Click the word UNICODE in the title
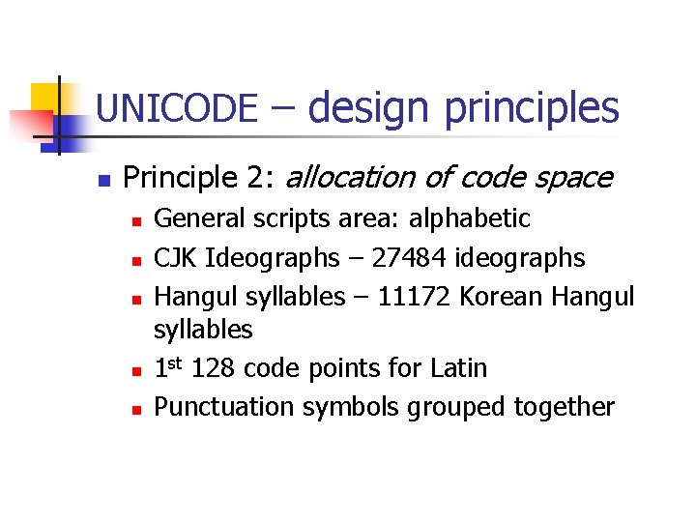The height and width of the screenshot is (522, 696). [177, 108]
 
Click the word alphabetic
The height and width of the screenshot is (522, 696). [470, 219]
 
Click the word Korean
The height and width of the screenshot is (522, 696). [500, 296]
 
